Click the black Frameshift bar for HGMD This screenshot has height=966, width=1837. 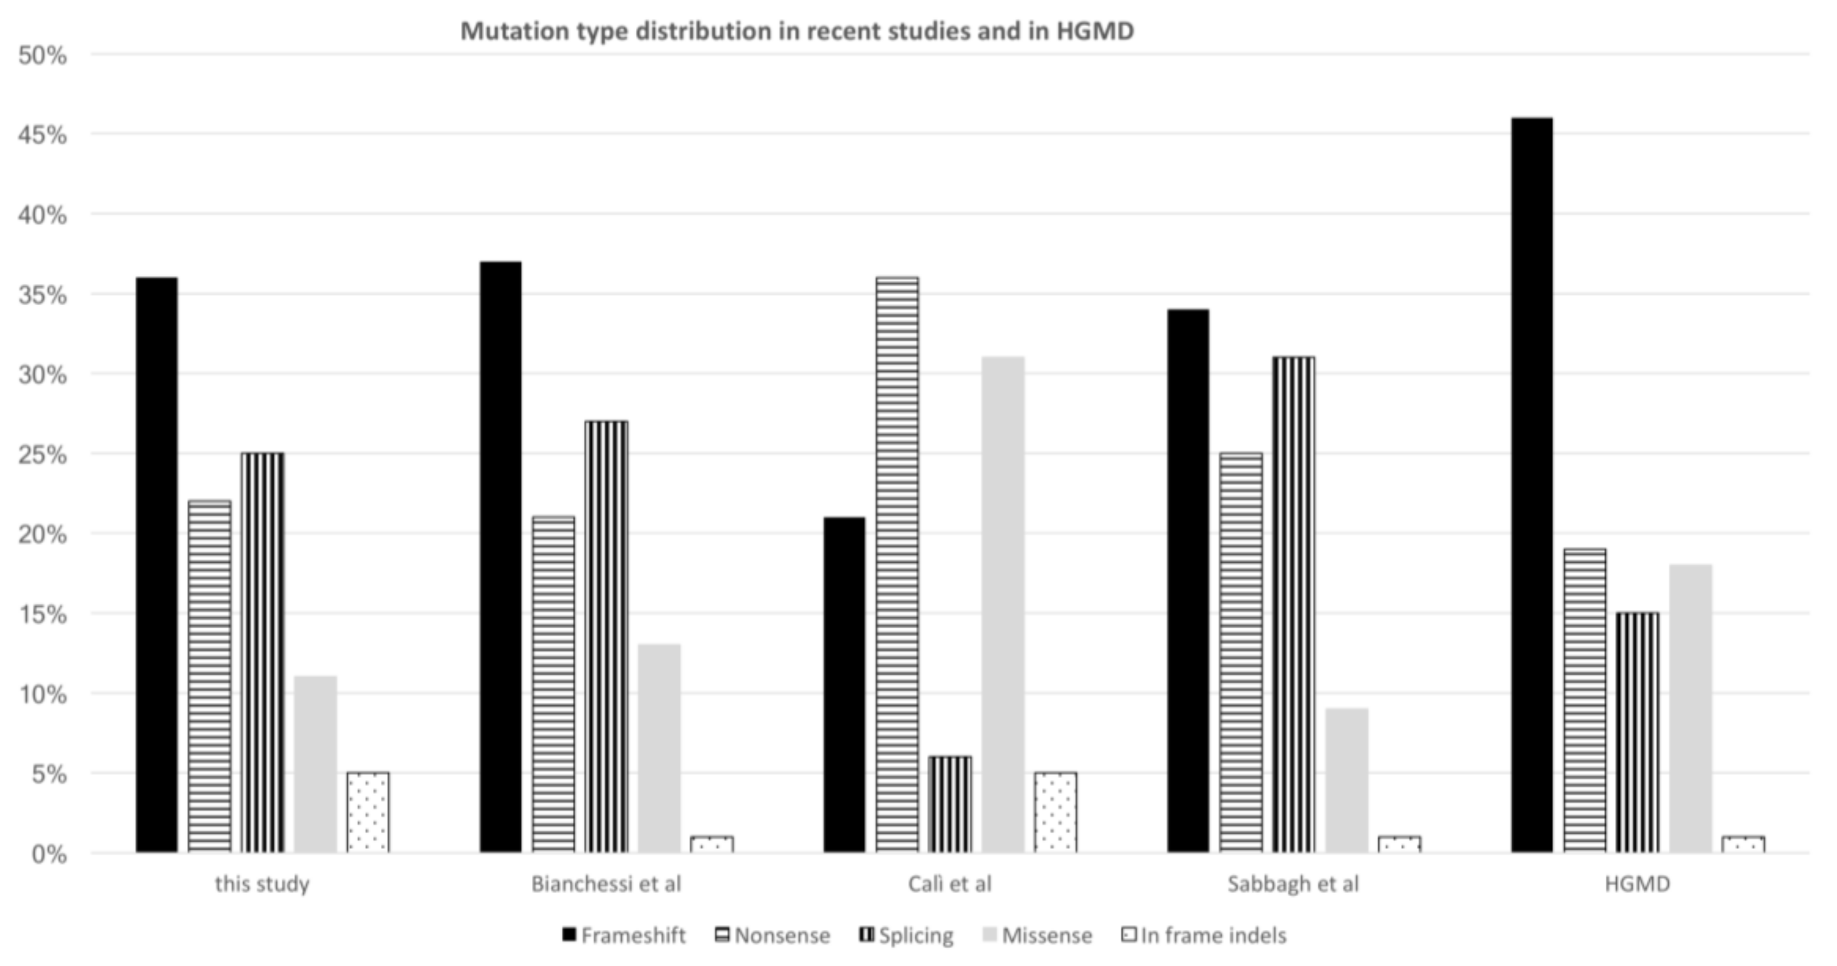tap(1532, 485)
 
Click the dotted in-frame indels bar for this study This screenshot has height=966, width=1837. tap(368, 813)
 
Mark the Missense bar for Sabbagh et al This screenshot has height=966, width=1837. tap(1347, 781)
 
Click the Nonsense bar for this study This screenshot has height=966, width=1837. tap(210, 677)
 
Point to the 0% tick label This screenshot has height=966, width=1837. tap(48, 854)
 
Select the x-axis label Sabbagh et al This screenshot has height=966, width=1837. tap(1293, 884)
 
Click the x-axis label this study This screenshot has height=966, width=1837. tap(262, 884)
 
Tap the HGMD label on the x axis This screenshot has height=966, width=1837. tap(1637, 884)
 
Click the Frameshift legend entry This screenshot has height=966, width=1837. tap(624, 936)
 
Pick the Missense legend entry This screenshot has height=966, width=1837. tap(1038, 936)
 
